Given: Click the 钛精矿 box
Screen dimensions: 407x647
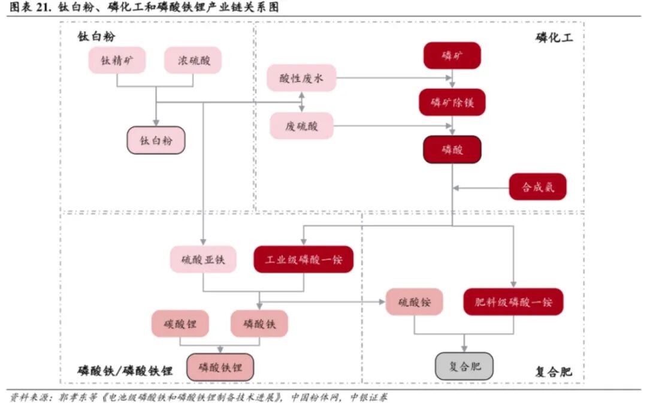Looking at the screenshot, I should coord(117,61).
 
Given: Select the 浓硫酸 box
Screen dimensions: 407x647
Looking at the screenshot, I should coord(193,61).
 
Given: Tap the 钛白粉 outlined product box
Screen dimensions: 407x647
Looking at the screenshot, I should coord(156,140).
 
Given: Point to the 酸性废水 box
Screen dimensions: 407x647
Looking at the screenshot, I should coord(301,78).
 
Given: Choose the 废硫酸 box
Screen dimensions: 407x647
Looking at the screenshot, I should coord(301,126).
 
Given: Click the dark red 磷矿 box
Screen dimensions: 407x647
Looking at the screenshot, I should coord(452,56).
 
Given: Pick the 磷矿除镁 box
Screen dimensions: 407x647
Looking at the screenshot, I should coord(452,102).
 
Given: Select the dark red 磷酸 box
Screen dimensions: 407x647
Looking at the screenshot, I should coord(452,149).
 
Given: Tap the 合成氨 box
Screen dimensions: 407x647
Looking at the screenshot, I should coord(537,187).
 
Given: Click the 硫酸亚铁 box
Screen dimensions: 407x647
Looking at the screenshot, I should coord(203,259).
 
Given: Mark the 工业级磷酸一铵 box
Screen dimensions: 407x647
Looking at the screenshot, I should coord(303,259).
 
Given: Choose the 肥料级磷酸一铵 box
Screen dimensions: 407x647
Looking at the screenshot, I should coord(513,302).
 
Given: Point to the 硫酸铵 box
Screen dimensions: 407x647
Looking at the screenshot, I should coord(414,302).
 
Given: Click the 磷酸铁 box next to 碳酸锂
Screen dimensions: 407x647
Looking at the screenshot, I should coord(259,324).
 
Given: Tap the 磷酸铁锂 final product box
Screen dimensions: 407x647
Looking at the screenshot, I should coord(220,367).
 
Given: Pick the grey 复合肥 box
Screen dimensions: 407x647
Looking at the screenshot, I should coord(464,366).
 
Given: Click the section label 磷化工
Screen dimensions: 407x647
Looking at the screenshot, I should coord(554,38).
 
